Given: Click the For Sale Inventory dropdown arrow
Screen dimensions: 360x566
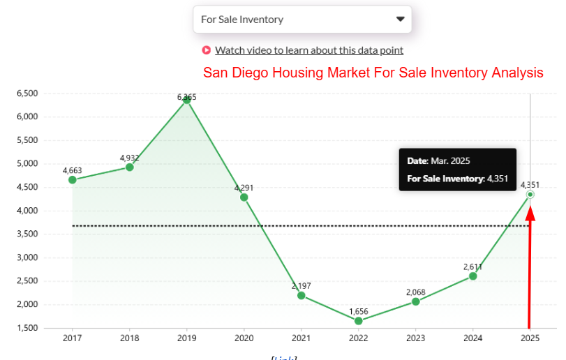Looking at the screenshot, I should (400, 20).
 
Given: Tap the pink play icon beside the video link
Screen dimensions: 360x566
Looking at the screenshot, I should (206, 50).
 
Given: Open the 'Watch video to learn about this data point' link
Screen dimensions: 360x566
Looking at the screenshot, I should (308, 50).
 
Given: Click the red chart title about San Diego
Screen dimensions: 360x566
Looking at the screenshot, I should (373, 73).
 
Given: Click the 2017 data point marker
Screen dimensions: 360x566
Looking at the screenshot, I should (72, 180).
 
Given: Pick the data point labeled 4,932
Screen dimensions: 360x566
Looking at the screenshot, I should (129, 167).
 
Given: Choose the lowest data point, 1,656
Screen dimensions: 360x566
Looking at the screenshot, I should (358, 321).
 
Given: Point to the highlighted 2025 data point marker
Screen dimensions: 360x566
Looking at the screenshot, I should (530, 195).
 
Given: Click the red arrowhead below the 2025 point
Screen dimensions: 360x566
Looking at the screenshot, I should (530, 213).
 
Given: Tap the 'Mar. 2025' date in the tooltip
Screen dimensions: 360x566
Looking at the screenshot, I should (450, 161).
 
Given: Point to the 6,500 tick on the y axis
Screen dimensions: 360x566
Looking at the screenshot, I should (27, 93).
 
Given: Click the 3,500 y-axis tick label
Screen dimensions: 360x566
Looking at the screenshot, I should (27, 234).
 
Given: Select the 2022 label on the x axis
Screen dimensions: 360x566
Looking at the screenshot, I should (358, 338).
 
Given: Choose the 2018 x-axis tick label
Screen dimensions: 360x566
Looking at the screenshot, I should (129, 338).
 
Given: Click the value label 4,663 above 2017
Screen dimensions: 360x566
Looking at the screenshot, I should (72, 170).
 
